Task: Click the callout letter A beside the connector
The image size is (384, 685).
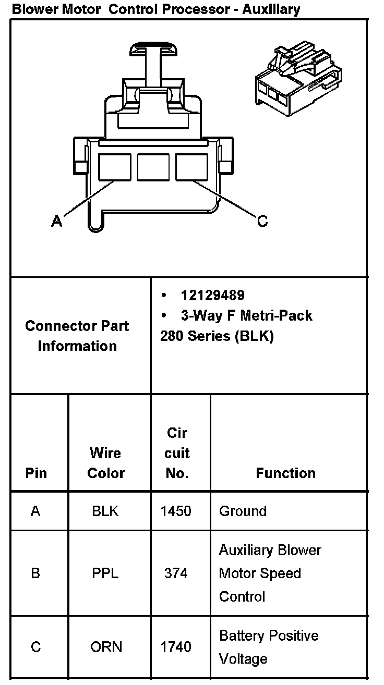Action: (57, 222)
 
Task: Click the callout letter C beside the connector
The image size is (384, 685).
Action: (262, 222)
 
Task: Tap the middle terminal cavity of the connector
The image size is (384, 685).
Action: (153, 167)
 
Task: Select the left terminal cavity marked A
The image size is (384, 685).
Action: (115, 167)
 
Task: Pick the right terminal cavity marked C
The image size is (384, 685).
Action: (191, 167)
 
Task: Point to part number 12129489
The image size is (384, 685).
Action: (212, 296)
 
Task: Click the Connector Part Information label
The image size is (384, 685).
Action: (77, 336)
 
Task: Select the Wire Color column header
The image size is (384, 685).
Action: (106, 462)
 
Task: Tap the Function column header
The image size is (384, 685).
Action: (285, 473)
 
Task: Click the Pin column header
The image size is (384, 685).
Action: (36, 473)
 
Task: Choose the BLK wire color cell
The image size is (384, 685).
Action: (105, 511)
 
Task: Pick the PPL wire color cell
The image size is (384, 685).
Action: (105, 573)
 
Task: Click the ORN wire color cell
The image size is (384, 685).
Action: (106, 647)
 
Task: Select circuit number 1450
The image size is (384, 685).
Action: (176, 511)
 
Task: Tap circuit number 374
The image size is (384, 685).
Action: (176, 573)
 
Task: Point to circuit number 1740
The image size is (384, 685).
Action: (176, 647)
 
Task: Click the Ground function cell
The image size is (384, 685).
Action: (243, 511)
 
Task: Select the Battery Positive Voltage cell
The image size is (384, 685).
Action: (268, 647)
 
